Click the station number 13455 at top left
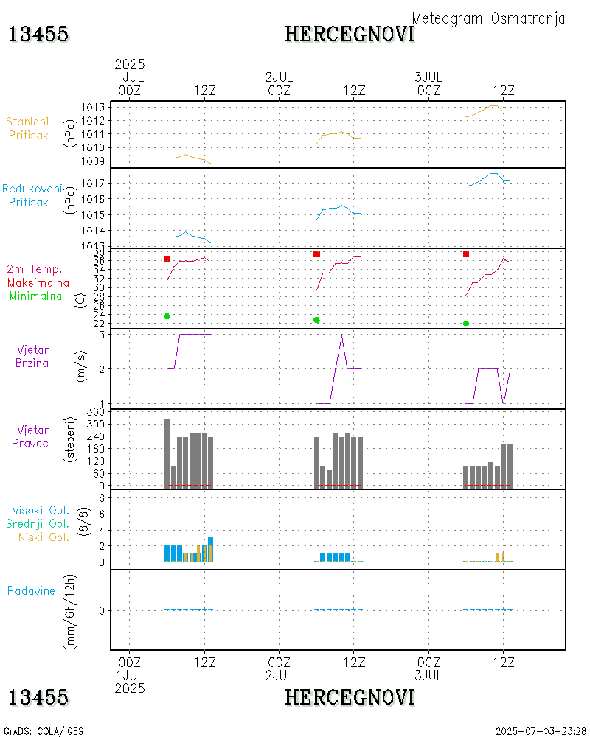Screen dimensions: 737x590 39,34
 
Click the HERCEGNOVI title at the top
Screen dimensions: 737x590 350,34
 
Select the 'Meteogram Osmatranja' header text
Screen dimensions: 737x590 488,18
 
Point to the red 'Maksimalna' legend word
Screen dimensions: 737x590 38,282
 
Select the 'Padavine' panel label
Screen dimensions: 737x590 31,590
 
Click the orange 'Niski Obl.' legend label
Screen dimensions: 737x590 44,537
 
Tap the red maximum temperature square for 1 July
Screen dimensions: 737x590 167,259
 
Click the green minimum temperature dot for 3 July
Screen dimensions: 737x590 466,324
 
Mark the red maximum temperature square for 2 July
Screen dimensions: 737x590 316,254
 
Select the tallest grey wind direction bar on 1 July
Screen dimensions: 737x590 167,453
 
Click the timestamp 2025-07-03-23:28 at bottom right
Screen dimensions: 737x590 541,731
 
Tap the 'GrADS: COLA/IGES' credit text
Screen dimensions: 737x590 44,731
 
